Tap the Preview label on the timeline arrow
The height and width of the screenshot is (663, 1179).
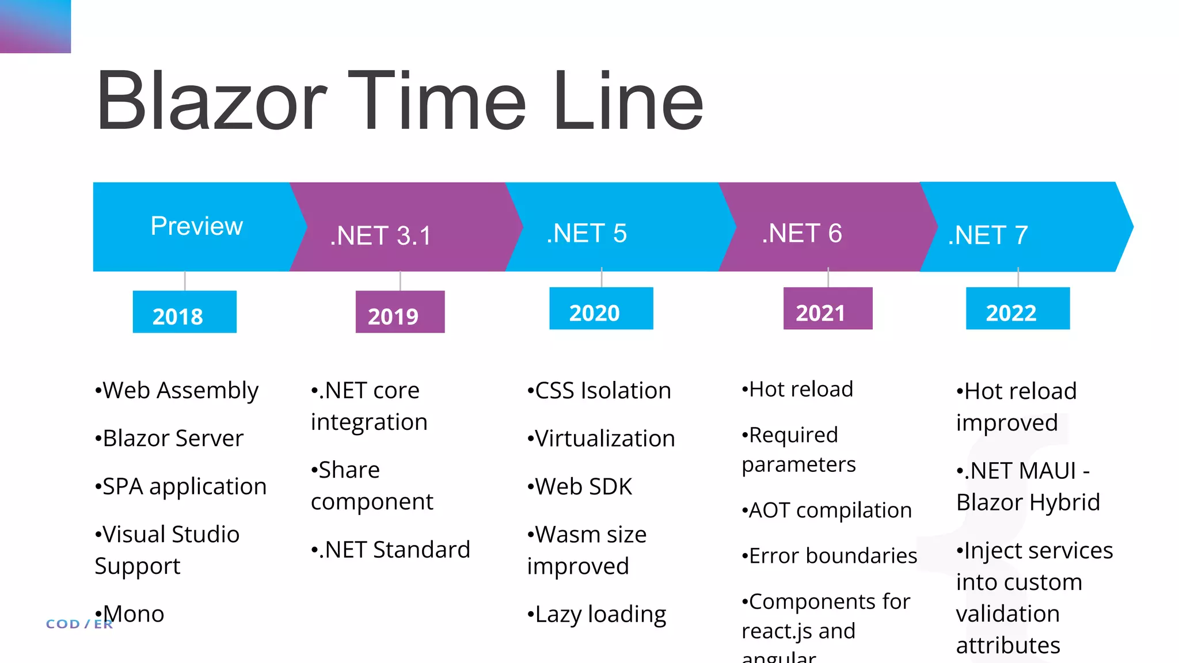click(196, 226)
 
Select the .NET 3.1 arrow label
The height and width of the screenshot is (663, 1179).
click(381, 235)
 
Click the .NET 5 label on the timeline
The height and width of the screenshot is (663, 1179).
click(586, 233)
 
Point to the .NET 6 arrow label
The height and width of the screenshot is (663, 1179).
click(801, 233)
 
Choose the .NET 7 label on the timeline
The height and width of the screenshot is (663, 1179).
click(988, 235)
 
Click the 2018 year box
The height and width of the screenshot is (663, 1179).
click(184, 312)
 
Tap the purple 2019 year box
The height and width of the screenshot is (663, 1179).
click(400, 312)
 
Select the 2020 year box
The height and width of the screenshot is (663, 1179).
click(601, 309)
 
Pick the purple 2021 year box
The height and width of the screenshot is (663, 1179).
click(827, 309)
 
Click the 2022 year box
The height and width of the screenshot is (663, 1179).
click(1017, 309)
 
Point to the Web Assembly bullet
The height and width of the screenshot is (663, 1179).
click(177, 391)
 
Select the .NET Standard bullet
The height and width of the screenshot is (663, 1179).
click(391, 550)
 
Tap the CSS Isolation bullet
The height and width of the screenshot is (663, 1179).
click(599, 391)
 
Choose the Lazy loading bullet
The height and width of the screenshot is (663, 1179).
click(597, 614)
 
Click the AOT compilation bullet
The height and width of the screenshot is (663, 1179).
click(827, 510)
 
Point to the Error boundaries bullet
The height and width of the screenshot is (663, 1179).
click(830, 556)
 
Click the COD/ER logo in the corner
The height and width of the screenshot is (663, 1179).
click(79, 624)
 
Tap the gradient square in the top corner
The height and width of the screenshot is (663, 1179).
click(35, 26)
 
